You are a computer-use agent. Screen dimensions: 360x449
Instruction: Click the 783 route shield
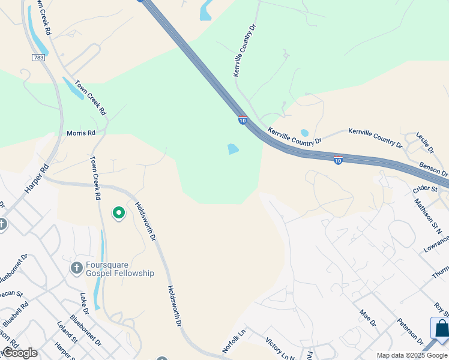[x=38, y=57]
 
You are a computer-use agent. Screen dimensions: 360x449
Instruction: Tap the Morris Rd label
[x=81, y=133]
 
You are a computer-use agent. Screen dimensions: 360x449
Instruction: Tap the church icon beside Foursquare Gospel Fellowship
[x=76, y=268]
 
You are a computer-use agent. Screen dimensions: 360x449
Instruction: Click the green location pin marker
[x=119, y=212]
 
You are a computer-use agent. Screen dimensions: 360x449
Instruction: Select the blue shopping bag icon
[x=441, y=329]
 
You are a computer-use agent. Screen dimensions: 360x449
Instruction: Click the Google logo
[x=20, y=353]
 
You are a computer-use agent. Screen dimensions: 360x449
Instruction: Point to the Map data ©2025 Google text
[x=412, y=355]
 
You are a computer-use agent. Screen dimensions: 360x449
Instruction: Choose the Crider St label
[x=425, y=189]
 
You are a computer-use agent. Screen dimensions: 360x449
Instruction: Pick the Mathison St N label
[x=428, y=215]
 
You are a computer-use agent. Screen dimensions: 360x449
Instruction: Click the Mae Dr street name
[x=367, y=319]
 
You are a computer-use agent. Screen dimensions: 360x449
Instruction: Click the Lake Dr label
[x=85, y=304]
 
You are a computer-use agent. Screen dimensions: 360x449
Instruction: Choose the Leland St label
[x=67, y=332]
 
